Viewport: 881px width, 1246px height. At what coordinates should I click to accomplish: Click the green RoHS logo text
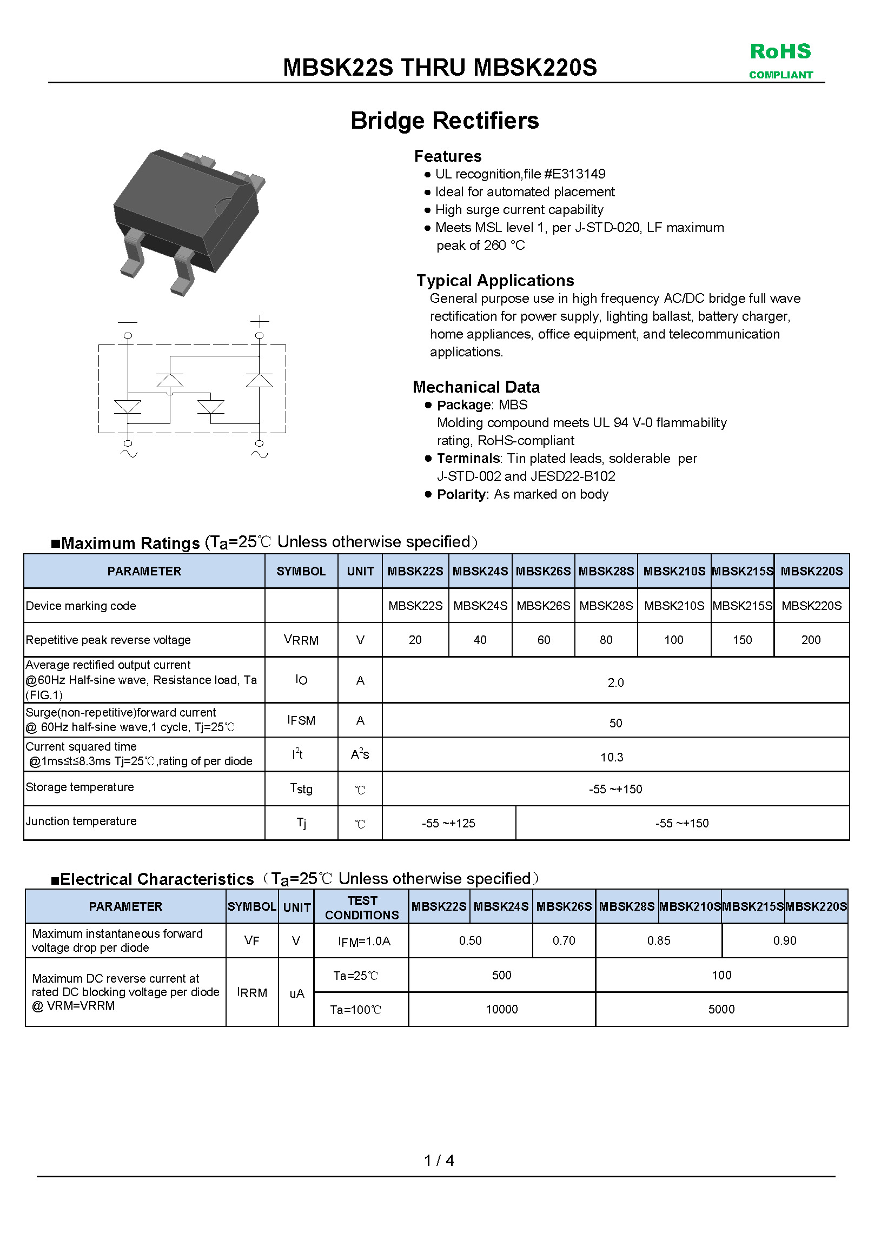[780, 51]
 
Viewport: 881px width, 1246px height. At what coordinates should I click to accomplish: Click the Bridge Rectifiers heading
[444, 121]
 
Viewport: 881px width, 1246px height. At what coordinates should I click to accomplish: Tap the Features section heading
[447, 156]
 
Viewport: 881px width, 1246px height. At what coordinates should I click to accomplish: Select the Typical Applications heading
[494, 281]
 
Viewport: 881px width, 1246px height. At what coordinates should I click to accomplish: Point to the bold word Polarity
[462, 494]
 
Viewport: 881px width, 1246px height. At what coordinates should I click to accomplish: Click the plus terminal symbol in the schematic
[260, 321]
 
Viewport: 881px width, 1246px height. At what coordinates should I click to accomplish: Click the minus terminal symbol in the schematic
[128, 322]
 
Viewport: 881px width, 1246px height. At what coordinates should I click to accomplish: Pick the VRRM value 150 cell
[742, 640]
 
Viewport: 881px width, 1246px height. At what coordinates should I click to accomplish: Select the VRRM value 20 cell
[415, 640]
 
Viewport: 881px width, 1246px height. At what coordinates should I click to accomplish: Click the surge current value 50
[615, 723]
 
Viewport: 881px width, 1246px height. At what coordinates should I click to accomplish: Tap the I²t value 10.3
[611, 757]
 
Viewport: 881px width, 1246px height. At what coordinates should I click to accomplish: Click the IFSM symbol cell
[301, 720]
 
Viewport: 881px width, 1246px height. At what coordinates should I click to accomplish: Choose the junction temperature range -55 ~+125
[448, 823]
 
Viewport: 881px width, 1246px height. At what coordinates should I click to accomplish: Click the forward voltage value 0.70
[564, 940]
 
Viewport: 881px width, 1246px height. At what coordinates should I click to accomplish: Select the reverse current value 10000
[501, 1009]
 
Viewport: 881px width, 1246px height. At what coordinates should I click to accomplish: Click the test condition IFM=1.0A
[363, 941]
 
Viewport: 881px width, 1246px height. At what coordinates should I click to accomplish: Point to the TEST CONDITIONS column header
[361, 907]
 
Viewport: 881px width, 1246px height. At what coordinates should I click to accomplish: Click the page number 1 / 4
[439, 1160]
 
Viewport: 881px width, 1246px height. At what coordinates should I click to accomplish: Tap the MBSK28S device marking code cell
[606, 606]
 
